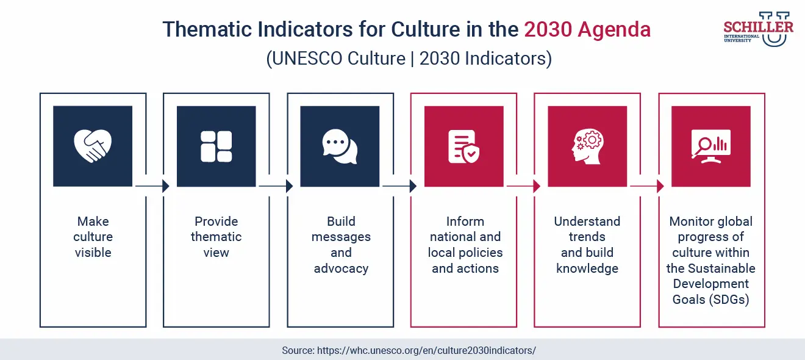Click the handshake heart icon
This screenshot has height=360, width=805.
93,146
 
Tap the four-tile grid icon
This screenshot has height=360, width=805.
216,146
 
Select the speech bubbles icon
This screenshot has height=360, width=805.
340,146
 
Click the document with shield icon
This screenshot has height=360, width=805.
463,146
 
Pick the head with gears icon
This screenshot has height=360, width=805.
587,146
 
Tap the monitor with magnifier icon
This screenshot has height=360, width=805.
710,146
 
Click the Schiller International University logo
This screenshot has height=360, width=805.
758,29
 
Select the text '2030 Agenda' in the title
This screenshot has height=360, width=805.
587,29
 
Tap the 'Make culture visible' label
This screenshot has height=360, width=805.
93,237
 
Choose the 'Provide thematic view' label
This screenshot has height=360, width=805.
216,237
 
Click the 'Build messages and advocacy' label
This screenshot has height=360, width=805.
341,245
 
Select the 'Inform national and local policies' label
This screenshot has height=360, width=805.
465,245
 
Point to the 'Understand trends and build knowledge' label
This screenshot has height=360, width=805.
587,245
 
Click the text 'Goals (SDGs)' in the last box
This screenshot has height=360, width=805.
711,300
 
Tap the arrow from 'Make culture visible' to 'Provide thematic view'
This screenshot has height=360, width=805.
152,186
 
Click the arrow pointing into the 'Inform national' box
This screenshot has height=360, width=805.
399,186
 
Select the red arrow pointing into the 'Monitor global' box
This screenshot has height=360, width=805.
646,186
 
